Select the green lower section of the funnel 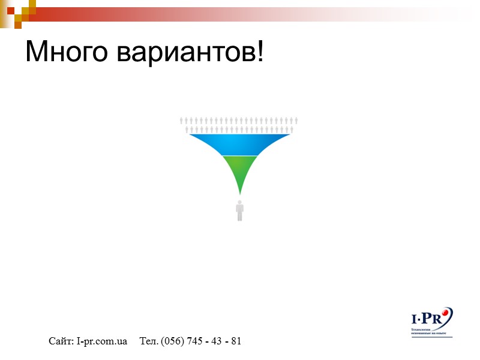240,170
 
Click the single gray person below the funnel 240,212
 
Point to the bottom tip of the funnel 240,193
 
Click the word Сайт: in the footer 61,341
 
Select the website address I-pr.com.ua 101,341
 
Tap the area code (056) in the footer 173,341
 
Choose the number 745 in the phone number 194,341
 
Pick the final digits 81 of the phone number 236,341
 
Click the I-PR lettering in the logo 427,318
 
